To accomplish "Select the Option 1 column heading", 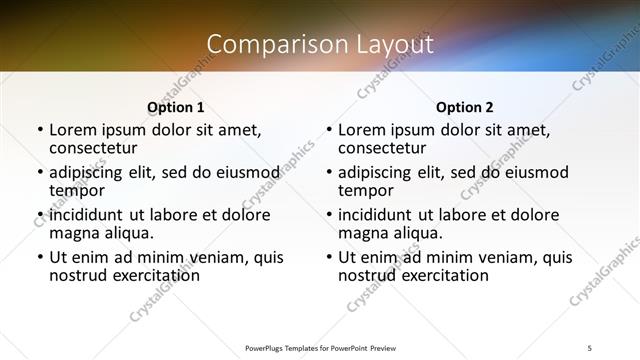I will click(176, 107).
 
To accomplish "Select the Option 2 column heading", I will click(465, 107).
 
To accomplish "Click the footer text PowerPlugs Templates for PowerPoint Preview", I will click(320, 348).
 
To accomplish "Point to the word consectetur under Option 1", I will click(95, 149).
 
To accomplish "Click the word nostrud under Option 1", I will click(81, 275).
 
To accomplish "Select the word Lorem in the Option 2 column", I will click(362, 129).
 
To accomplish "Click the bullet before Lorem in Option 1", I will click(39, 130).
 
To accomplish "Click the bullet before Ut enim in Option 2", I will click(328, 258).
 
